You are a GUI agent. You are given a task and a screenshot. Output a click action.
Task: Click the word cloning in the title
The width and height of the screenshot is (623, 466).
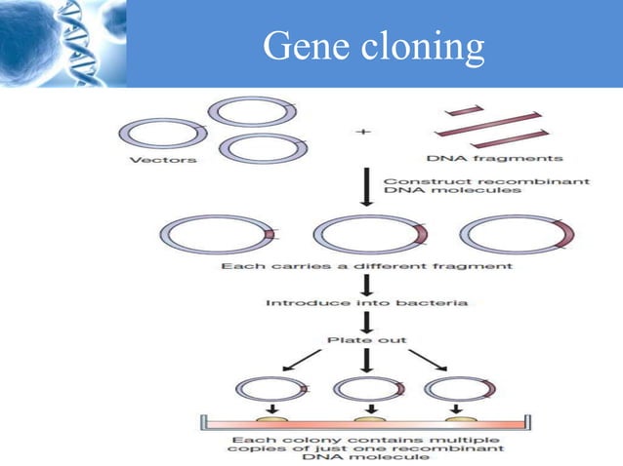[422, 46]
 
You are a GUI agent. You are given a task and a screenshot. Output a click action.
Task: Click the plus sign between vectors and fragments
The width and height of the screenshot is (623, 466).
[367, 133]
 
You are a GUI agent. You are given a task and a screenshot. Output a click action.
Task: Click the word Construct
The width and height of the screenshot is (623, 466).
[413, 181]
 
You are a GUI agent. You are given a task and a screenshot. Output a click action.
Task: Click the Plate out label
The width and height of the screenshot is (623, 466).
[367, 342]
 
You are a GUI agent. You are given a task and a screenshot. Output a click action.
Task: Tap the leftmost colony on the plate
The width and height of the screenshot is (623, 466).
[273, 420]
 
